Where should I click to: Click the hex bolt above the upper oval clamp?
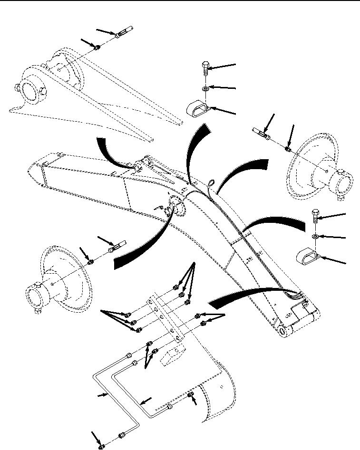point(205,69)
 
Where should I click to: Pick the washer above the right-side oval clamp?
point(314,236)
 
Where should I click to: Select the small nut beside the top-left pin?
point(97,47)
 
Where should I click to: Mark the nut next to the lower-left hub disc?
point(90,260)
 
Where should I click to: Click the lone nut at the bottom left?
point(102,446)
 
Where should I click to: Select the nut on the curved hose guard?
point(189,396)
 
